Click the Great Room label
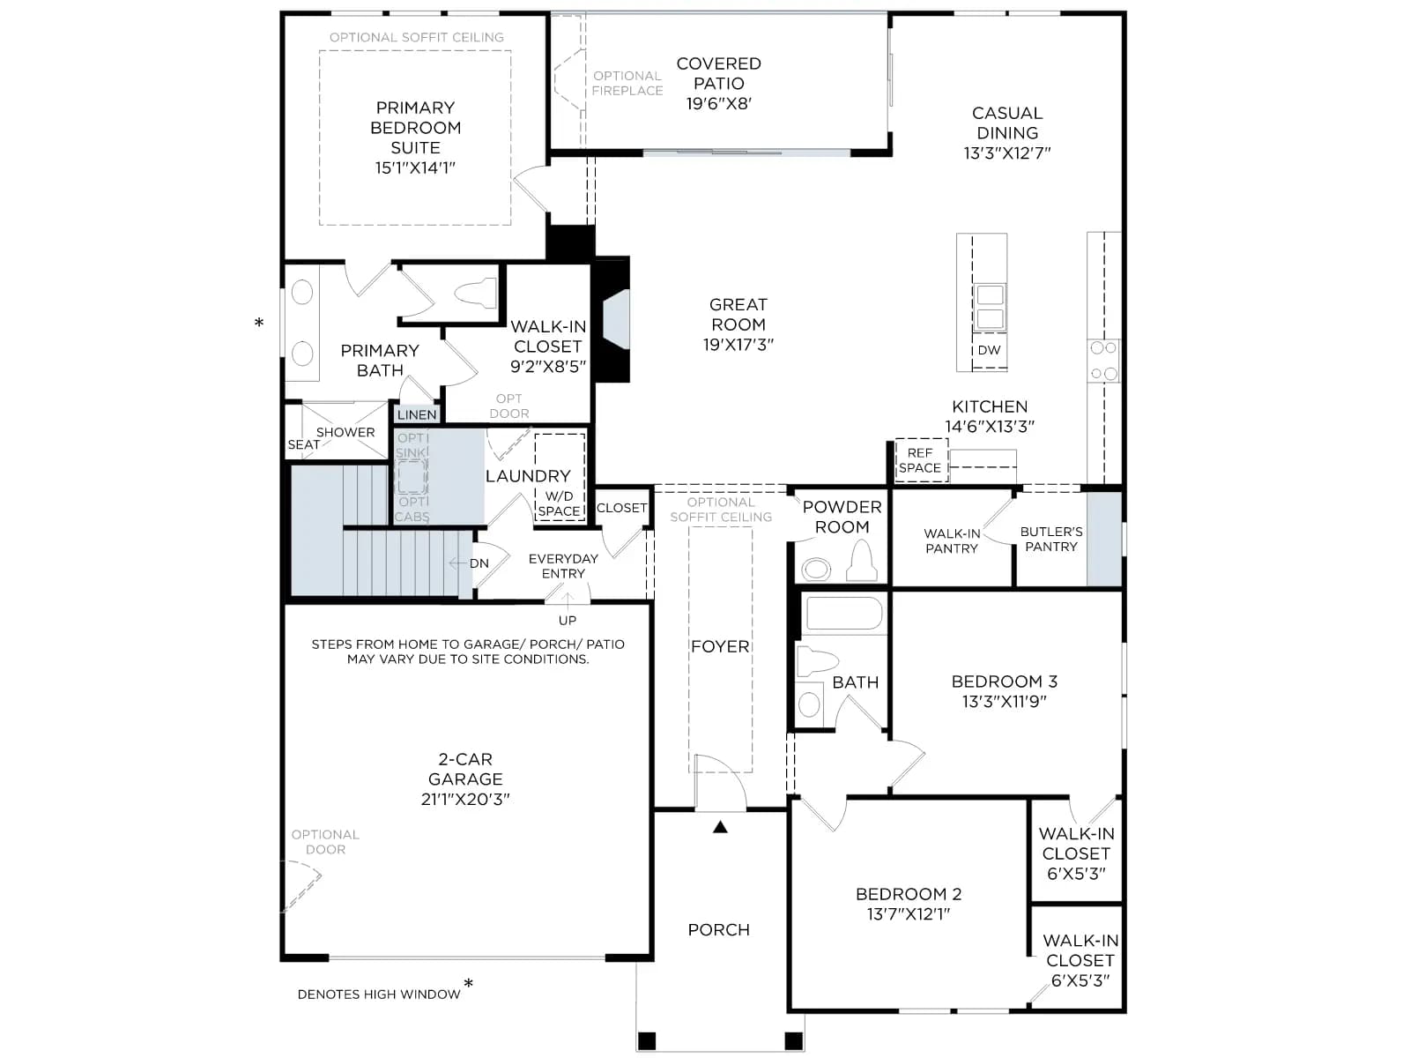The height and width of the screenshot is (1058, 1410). click(x=738, y=314)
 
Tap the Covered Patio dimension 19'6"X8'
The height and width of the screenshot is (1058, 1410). click(x=719, y=103)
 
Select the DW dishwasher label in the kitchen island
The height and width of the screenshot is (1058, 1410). click(x=990, y=350)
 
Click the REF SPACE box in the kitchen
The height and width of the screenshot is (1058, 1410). click(x=921, y=460)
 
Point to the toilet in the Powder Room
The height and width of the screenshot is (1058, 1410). click(x=861, y=562)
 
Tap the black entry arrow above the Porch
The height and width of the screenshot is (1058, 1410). click(x=720, y=827)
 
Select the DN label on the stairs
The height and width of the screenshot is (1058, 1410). click(x=479, y=563)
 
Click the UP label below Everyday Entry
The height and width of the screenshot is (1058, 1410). click(x=568, y=621)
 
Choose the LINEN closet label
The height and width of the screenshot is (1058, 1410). click(x=417, y=415)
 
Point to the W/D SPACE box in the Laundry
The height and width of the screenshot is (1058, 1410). click(x=560, y=477)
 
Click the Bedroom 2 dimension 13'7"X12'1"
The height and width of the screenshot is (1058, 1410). click(x=909, y=913)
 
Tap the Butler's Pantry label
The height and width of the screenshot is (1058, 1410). click(x=1051, y=539)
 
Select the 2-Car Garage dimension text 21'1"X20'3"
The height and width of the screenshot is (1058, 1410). click(x=465, y=799)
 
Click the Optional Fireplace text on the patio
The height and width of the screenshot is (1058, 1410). click(x=627, y=84)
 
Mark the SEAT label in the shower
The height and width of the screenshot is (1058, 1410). click(x=303, y=444)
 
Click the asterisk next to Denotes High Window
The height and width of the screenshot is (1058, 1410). click(x=469, y=983)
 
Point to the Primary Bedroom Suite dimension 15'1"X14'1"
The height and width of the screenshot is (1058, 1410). click(x=415, y=168)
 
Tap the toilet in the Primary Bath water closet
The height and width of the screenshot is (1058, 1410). click(x=476, y=293)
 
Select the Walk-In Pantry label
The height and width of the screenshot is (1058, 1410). click(x=952, y=540)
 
